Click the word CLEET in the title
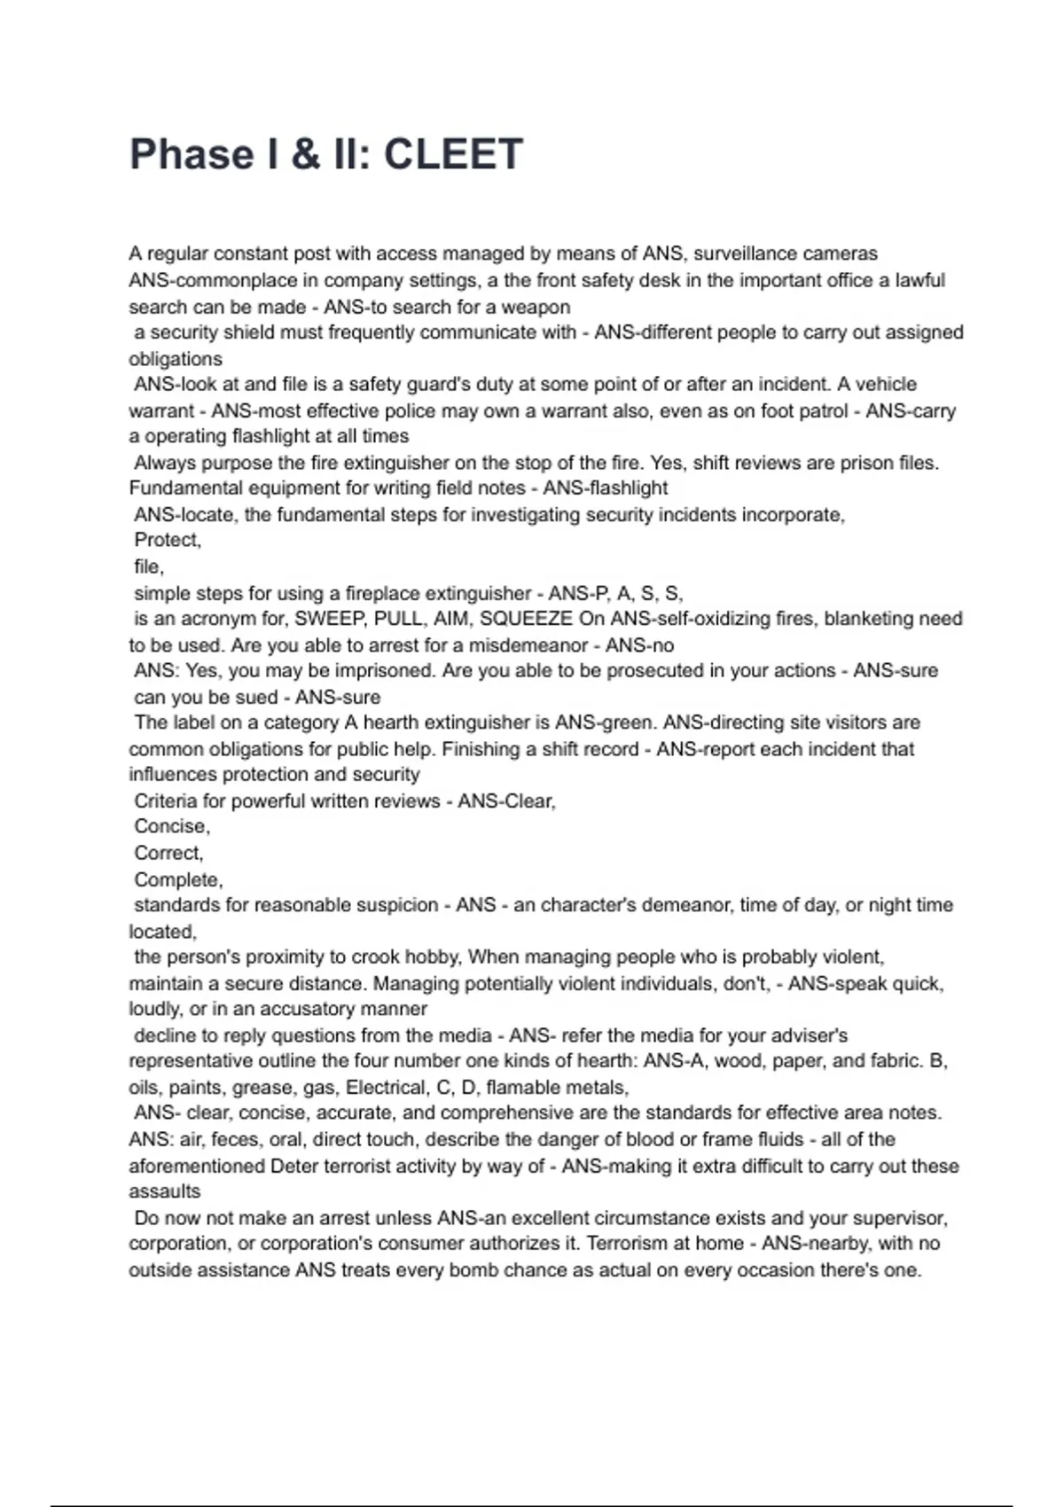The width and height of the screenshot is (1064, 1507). coord(453,154)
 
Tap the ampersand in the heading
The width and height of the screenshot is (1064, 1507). coord(305,154)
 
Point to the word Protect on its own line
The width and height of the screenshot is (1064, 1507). coord(168,540)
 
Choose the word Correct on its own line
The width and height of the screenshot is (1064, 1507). coord(168,853)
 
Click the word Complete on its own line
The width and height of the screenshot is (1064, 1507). coord(177,879)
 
